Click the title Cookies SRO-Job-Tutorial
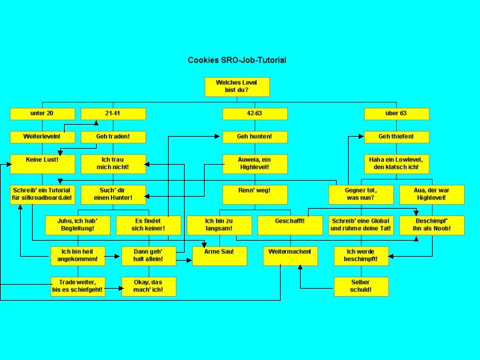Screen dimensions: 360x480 coord(237,60)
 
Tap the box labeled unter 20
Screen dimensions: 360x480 coord(42,113)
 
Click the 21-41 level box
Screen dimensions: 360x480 coord(113,113)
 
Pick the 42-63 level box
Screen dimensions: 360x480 coord(254,113)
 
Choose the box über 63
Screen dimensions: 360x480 coord(395,113)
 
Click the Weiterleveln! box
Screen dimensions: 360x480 coord(42,137)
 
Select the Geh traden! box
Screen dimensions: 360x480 coord(113,137)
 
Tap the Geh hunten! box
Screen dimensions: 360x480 coord(254,137)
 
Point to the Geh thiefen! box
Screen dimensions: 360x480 coord(395,137)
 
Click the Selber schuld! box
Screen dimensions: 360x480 coord(361,286)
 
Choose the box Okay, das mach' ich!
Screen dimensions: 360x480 coord(148,286)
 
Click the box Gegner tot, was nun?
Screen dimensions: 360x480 coord(361,194)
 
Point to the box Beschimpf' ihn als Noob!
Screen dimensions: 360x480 coord(431,225)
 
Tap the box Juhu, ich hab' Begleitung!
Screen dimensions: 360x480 coord(77,225)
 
